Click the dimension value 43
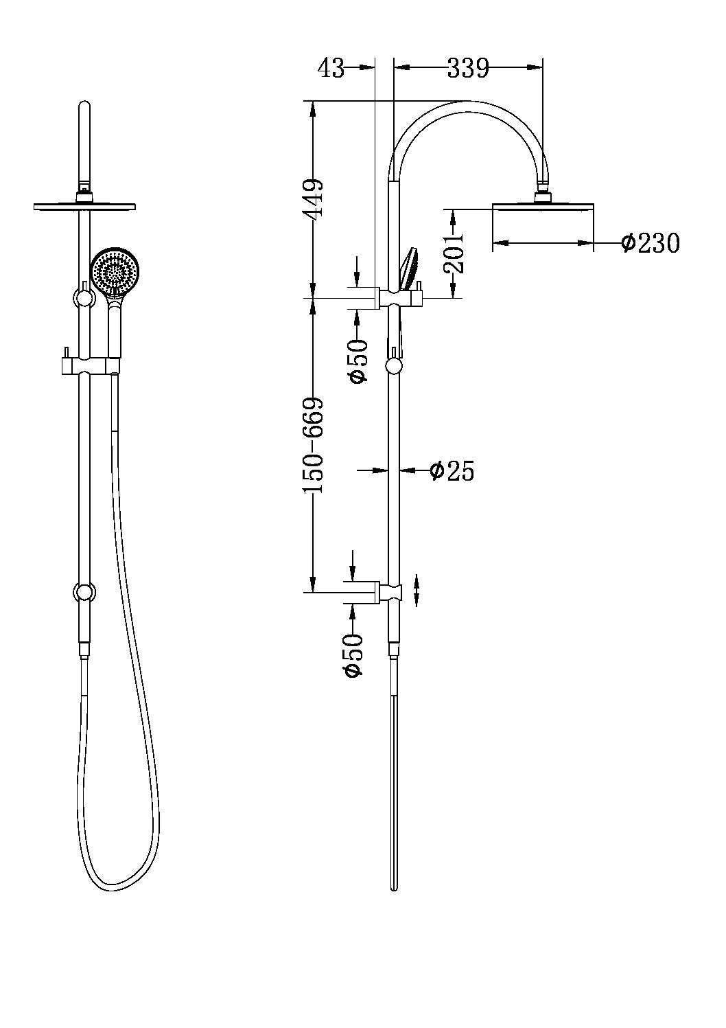tap(331, 68)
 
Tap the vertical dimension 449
tap(314, 198)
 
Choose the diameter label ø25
tap(452, 470)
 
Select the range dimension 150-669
tap(314, 446)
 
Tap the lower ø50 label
tap(353, 655)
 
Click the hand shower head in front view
tap(115, 273)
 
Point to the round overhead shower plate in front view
tap(84, 205)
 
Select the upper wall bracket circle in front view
tap(83, 298)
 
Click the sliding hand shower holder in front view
tap(89, 364)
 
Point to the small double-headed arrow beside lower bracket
tap(418, 591)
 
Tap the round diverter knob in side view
tap(394, 365)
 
